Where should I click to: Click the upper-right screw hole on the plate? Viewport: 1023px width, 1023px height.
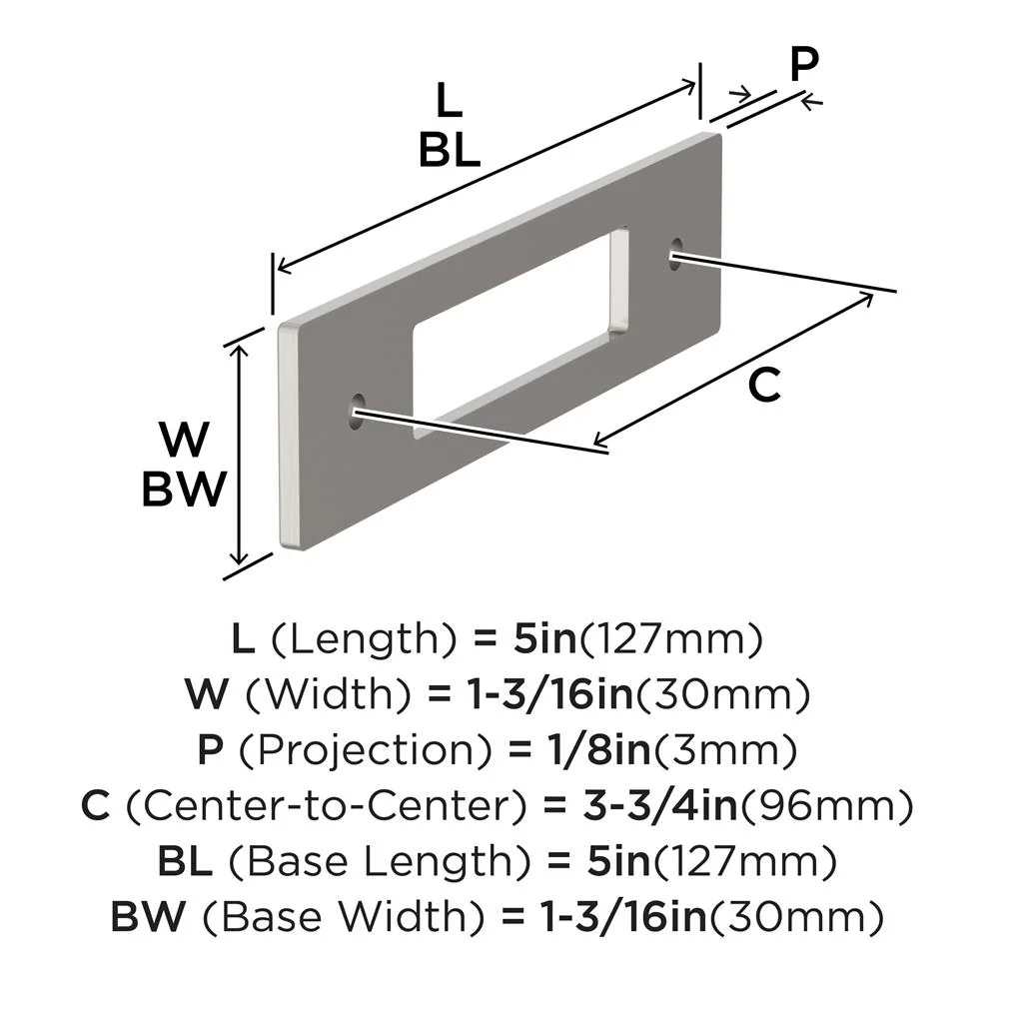pos(677,250)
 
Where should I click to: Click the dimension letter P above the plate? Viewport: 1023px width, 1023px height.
pos(803,66)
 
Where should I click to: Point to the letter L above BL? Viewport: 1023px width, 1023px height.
pos(450,101)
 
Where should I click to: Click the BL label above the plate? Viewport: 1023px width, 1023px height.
pos(450,150)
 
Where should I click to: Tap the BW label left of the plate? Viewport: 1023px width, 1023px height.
pos(183,490)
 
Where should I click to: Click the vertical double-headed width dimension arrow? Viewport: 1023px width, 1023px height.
pos(239,456)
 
